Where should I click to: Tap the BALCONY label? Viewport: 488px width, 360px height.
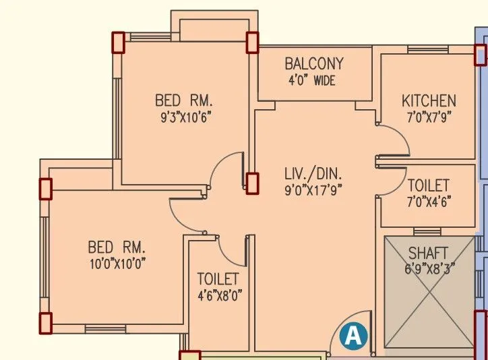[x=313, y=64]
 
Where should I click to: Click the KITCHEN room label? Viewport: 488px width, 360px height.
[x=429, y=101]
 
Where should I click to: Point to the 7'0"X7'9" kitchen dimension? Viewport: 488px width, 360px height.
[x=429, y=116]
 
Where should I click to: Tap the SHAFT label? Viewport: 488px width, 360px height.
[x=428, y=253]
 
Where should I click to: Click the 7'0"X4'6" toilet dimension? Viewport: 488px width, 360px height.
[x=429, y=201]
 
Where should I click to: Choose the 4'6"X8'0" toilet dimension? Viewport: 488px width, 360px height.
[x=219, y=295]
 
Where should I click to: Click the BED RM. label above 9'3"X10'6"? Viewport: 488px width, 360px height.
[x=183, y=101]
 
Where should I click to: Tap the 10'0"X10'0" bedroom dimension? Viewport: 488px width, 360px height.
[x=117, y=262]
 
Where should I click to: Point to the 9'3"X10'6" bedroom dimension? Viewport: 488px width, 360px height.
[x=183, y=116]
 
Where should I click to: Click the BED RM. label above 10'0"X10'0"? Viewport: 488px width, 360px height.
[x=117, y=246]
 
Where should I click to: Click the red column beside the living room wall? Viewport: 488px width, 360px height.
[x=252, y=183]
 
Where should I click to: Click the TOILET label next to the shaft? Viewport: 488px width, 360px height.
[x=429, y=185]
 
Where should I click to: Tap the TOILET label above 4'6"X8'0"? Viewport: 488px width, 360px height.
[x=218, y=278]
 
